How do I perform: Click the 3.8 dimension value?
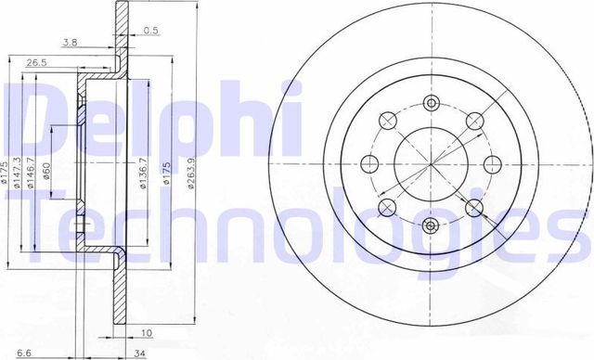click(69, 42)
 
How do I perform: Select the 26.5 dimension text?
click(38, 64)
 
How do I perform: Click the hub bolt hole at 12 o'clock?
click(429, 103)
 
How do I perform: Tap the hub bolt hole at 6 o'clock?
click(429, 225)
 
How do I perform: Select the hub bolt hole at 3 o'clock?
click(490, 164)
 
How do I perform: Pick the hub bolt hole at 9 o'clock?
click(368, 164)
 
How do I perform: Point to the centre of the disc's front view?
click(429, 164)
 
